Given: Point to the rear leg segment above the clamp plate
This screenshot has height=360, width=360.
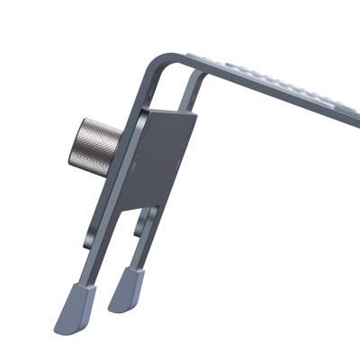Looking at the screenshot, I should [190, 90].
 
